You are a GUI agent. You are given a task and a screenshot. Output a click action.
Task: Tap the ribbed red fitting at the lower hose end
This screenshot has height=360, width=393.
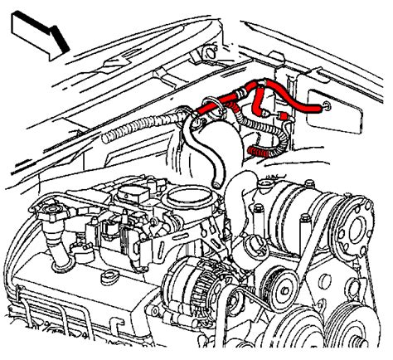(260, 150)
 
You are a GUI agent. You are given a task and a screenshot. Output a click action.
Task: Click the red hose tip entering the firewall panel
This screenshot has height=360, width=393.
(319, 105)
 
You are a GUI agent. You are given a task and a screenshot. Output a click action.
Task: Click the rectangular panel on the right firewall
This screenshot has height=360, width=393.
(332, 100)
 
